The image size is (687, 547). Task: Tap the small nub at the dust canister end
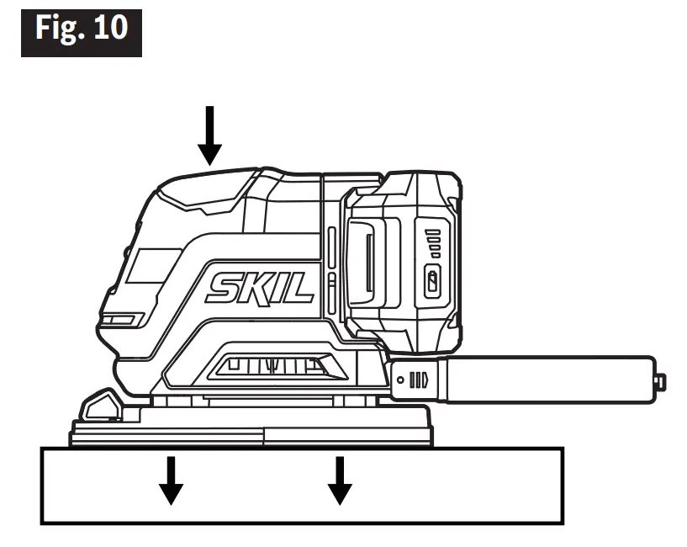tap(660, 382)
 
